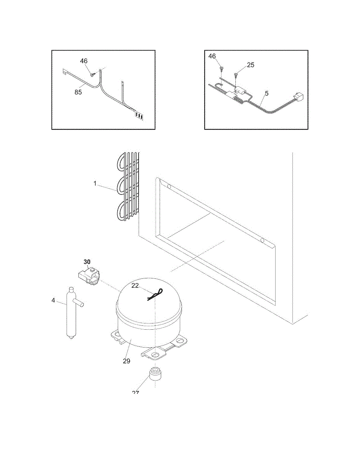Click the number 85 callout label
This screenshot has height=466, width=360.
pyautogui.click(x=78, y=92)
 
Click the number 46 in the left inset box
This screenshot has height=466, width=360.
pyautogui.click(x=84, y=61)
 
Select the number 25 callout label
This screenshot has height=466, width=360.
pyautogui.click(x=250, y=65)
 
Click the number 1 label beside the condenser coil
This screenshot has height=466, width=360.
pyautogui.click(x=95, y=183)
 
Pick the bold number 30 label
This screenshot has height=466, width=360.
pyautogui.click(x=87, y=261)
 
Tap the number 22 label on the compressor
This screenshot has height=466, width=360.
pyautogui.click(x=135, y=285)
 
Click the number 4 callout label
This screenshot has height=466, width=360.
pyautogui.click(x=53, y=300)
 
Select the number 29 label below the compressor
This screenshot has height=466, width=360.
pyautogui.click(x=127, y=361)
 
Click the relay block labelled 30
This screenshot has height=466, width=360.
pyautogui.click(x=89, y=275)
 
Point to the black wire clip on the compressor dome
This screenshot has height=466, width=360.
pyautogui.click(x=154, y=296)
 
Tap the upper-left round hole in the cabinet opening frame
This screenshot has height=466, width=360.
pyautogui.click(x=169, y=186)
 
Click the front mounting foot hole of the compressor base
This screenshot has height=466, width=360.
pyautogui.click(x=155, y=354)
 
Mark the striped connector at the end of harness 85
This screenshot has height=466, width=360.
pyautogui.click(x=139, y=115)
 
